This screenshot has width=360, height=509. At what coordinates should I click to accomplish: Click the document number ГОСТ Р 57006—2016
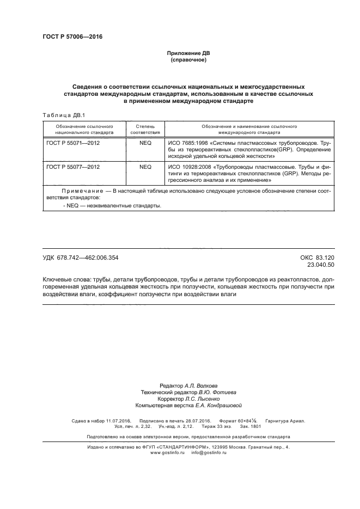72,37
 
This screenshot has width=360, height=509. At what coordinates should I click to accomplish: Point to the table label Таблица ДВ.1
60,115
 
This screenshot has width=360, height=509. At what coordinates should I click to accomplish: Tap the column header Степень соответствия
145,129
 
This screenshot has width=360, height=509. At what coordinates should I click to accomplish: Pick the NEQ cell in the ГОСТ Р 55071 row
145,143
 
